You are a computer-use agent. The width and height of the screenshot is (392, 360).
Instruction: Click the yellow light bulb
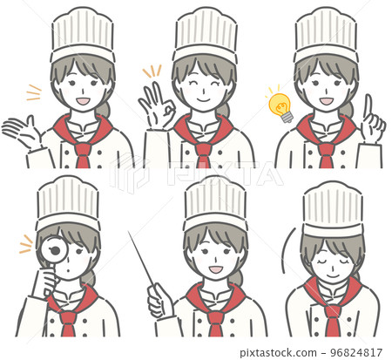[x=280, y=106]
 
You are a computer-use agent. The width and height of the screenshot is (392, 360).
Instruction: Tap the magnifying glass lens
[x=54, y=250]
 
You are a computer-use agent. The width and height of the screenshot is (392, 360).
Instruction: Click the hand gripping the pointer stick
[x=159, y=301]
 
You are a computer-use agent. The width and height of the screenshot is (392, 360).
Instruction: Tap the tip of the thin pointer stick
[x=129, y=232]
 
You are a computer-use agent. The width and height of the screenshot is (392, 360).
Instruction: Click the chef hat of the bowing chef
[x=333, y=208]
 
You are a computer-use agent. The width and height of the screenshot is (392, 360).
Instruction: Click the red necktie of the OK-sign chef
[x=203, y=155]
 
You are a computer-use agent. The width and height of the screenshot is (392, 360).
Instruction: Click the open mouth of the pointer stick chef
[x=215, y=269]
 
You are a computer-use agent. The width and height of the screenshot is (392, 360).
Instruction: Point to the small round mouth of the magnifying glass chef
[x=68, y=270]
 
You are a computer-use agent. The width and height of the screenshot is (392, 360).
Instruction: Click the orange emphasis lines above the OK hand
[x=152, y=71]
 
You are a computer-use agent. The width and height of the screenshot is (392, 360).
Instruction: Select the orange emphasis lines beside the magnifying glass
[x=26, y=244]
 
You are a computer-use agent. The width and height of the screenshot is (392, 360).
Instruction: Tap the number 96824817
[x=356, y=353]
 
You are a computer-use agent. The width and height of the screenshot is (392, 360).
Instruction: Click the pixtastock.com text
[x=278, y=353]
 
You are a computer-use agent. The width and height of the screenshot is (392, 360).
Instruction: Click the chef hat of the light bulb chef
[x=326, y=35]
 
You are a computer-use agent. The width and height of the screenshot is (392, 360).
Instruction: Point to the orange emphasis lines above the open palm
[x=34, y=92]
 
